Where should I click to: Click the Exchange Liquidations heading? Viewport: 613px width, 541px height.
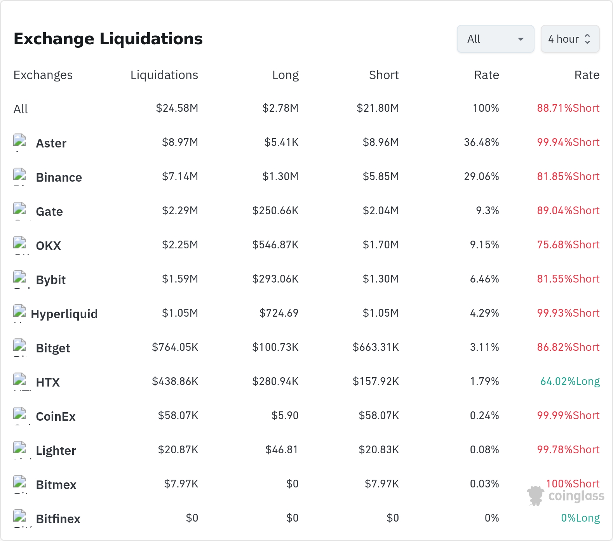point(108,39)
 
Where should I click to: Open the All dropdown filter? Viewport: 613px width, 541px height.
point(495,39)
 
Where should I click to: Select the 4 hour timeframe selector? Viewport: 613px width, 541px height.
point(570,39)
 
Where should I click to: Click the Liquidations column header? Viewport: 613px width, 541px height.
point(164,75)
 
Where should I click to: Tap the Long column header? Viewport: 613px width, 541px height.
point(286,75)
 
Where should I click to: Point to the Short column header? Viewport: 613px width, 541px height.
point(384,75)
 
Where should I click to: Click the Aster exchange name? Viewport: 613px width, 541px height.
point(51,143)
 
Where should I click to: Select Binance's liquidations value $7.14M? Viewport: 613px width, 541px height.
point(180,177)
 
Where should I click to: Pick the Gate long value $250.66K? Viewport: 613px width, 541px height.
point(275,211)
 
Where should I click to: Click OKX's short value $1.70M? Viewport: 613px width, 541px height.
point(381,245)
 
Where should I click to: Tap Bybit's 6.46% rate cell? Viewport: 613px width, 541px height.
point(484,279)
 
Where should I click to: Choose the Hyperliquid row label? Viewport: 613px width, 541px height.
point(64,314)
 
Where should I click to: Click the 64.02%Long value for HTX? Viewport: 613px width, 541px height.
point(570,381)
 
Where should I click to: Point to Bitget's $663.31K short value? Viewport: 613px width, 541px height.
point(376,347)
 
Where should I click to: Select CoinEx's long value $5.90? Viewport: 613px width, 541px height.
point(285,416)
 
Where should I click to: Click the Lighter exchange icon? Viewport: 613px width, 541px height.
point(19,448)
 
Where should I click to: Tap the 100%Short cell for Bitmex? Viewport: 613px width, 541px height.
point(573,484)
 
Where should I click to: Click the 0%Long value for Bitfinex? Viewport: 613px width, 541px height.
point(580,518)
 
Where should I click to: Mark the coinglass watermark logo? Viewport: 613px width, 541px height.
point(566,496)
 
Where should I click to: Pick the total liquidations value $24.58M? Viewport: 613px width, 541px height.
point(177,108)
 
